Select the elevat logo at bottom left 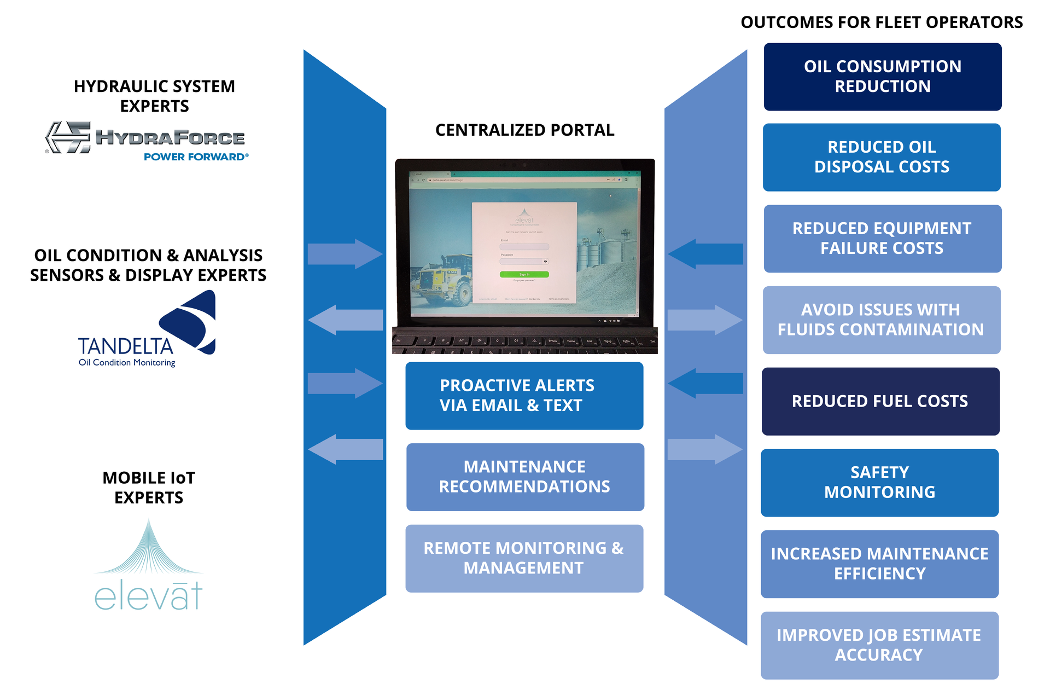pos(148,566)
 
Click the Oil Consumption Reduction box pos(882,77)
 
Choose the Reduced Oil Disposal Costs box pos(882,157)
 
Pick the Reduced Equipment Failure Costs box pos(882,239)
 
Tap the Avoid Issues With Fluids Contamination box pos(881,320)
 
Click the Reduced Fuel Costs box pos(880,401)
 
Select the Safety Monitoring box pos(879,483)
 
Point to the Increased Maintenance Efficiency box pos(879,564)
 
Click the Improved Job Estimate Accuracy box pos(879,645)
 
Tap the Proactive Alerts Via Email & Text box pos(524,396)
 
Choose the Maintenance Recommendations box pos(524,477)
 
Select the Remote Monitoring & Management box pos(524,558)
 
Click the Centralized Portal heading pos(524,130)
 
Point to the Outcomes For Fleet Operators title pos(882,22)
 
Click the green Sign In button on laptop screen pos(524,274)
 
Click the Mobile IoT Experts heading pos(149,488)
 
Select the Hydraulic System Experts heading pos(154,96)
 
